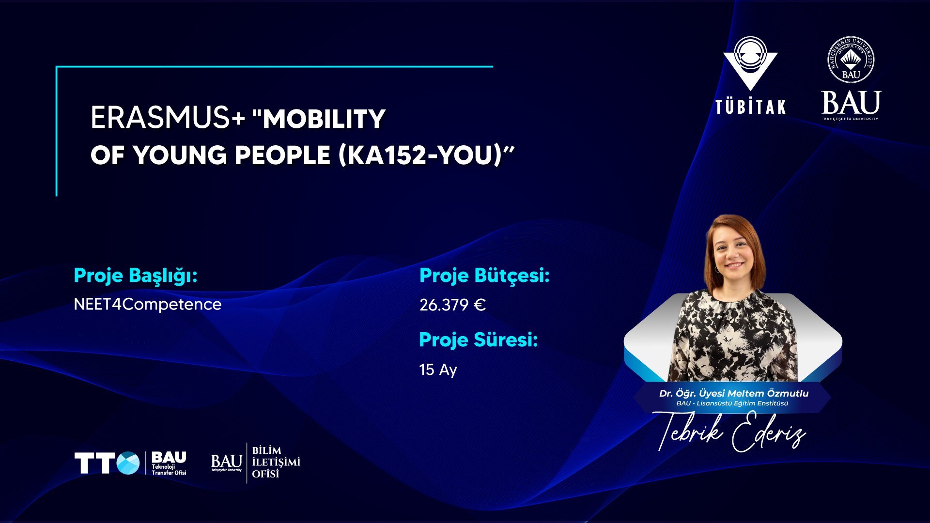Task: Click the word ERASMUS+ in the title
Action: [168, 118]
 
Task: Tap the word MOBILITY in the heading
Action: [324, 119]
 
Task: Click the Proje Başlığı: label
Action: [136, 276]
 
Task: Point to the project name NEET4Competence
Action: [148, 304]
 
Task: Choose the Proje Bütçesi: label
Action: [484, 276]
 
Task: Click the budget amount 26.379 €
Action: [452, 305]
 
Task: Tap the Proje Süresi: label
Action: [479, 340]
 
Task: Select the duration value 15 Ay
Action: [438, 369]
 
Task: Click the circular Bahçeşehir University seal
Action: [851, 60]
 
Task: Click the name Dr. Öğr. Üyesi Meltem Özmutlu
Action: [734, 393]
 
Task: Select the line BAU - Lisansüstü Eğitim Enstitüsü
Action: [732, 403]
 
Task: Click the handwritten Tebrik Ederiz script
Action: [731, 431]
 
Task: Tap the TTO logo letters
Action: [107, 463]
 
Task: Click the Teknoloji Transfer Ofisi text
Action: [169, 470]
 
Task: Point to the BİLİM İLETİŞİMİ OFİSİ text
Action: [276, 462]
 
